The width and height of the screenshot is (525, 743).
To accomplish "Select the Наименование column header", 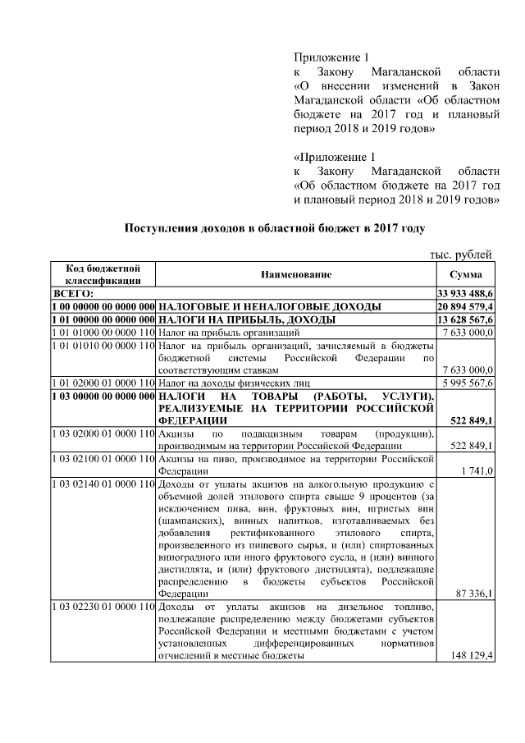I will [296, 275].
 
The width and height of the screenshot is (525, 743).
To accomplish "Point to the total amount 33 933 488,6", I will [465, 293].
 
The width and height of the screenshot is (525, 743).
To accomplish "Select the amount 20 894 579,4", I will [465, 306].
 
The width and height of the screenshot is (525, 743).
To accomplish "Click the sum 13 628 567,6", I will [465, 319].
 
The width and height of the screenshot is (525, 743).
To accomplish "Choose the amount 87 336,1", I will [473, 593].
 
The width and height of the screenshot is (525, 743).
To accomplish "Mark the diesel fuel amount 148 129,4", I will [471, 656].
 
